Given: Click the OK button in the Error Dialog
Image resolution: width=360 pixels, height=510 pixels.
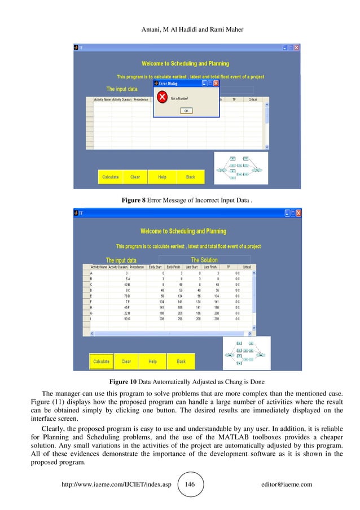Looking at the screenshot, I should [186, 111].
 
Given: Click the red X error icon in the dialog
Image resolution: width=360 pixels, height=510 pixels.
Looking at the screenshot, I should [162, 98].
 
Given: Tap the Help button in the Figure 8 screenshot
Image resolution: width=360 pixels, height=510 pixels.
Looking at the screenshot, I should [162, 177].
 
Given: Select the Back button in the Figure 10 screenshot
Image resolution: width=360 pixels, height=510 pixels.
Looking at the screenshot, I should [181, 361].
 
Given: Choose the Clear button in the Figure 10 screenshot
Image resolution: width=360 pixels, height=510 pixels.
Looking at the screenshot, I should [126, 361].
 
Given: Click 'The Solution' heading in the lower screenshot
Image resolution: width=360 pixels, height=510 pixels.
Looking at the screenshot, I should [204, 260].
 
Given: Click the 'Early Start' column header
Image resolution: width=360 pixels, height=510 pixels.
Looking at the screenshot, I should [155, 267].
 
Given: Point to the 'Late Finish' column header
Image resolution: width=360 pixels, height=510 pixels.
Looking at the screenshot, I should [210, 267].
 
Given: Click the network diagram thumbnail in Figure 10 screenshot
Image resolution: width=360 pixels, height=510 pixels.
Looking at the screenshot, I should [247, 354].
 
